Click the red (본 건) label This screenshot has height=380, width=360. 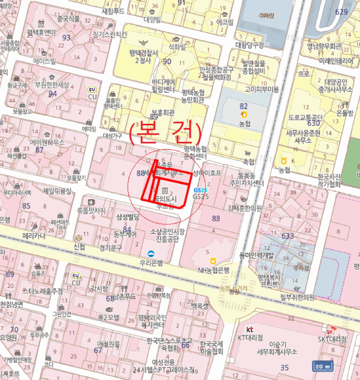pos(166,132)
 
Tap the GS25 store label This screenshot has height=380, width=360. pos(200,197)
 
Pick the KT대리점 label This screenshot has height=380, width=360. pos(250,337)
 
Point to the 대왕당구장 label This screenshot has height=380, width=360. pos(249,45)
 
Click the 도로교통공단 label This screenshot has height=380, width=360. pos(306,117)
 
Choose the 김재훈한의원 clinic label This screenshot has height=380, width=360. pos(245,208)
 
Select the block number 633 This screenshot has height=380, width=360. pos(287,236)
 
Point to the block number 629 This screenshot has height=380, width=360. pos(341,12)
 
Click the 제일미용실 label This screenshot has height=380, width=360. pos(57,191)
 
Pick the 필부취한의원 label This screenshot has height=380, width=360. pos(298,297)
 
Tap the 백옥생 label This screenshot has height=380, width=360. pos(199,307)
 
